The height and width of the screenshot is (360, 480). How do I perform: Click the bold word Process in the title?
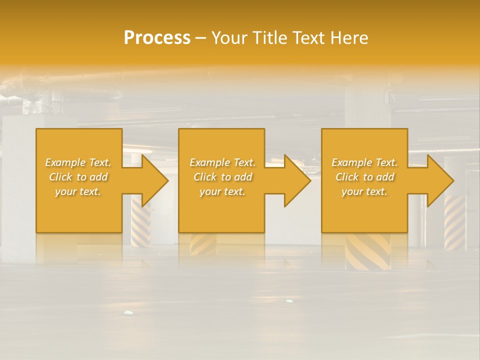(x=157, y=37)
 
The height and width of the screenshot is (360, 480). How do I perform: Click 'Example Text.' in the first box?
(x=78, y=162)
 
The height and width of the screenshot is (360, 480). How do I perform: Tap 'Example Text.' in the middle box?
(x=222, y=162)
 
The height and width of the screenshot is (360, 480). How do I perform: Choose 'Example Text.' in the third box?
(x=364, y=162)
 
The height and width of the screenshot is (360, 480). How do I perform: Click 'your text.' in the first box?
(x=78, y=191)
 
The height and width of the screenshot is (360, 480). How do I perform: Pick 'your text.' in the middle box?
(x=222, y=191)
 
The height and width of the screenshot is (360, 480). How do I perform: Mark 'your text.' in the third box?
(x=364, y=191)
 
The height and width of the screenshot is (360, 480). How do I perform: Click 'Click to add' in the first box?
(x=78, y=177)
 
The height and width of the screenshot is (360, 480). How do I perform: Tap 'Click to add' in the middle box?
(x=222, y=177)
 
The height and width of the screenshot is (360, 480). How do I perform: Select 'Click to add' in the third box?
(x=364, y=177)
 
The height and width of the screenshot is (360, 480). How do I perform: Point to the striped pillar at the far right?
(x=455, y=222)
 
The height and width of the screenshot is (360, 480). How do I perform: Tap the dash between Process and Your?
(x=201, y=38)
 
